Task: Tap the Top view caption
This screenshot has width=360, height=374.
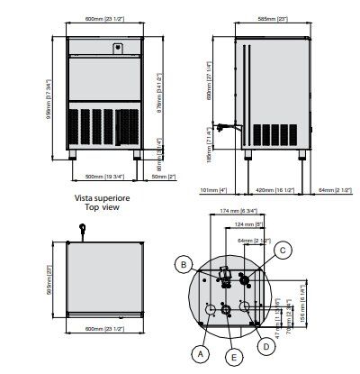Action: [x=105, y=207]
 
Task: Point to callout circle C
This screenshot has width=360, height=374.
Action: [x=283, y=250]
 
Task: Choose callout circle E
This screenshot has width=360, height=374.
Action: [x=234, y=359]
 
